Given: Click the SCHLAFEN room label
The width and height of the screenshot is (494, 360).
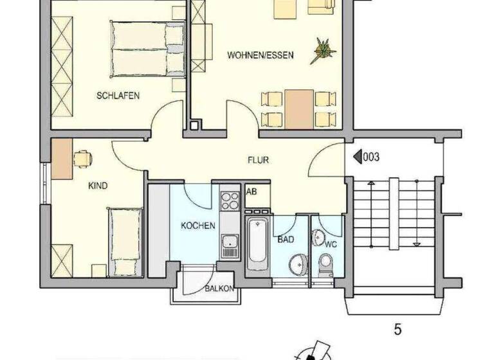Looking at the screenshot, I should (x=118, y=96).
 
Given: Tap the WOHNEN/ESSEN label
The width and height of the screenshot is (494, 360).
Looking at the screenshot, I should (x=260, y=55).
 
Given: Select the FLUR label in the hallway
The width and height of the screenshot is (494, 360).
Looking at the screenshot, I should (x=259, y=160).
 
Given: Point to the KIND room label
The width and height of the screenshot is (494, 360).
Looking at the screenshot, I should (x=98, y=186).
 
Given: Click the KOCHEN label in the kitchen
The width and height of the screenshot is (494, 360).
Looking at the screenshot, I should (x=197, y=226).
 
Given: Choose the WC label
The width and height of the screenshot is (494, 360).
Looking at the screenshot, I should (x=331, y=245).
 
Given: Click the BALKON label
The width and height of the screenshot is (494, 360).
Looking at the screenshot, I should (x=219, y=289).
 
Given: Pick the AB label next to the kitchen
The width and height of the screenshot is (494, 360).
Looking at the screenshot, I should (x=252, y=192).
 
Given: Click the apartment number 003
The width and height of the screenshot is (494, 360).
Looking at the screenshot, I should (x=371, y=156).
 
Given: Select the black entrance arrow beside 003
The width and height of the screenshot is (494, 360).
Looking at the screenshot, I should (x=356, y=156).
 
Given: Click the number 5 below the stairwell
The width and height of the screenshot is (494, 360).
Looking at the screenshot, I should (x=398, y=330).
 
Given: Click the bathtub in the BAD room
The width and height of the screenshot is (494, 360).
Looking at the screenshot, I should (x=257, y=242).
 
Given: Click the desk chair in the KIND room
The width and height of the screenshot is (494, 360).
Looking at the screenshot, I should (x=82, y=158).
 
